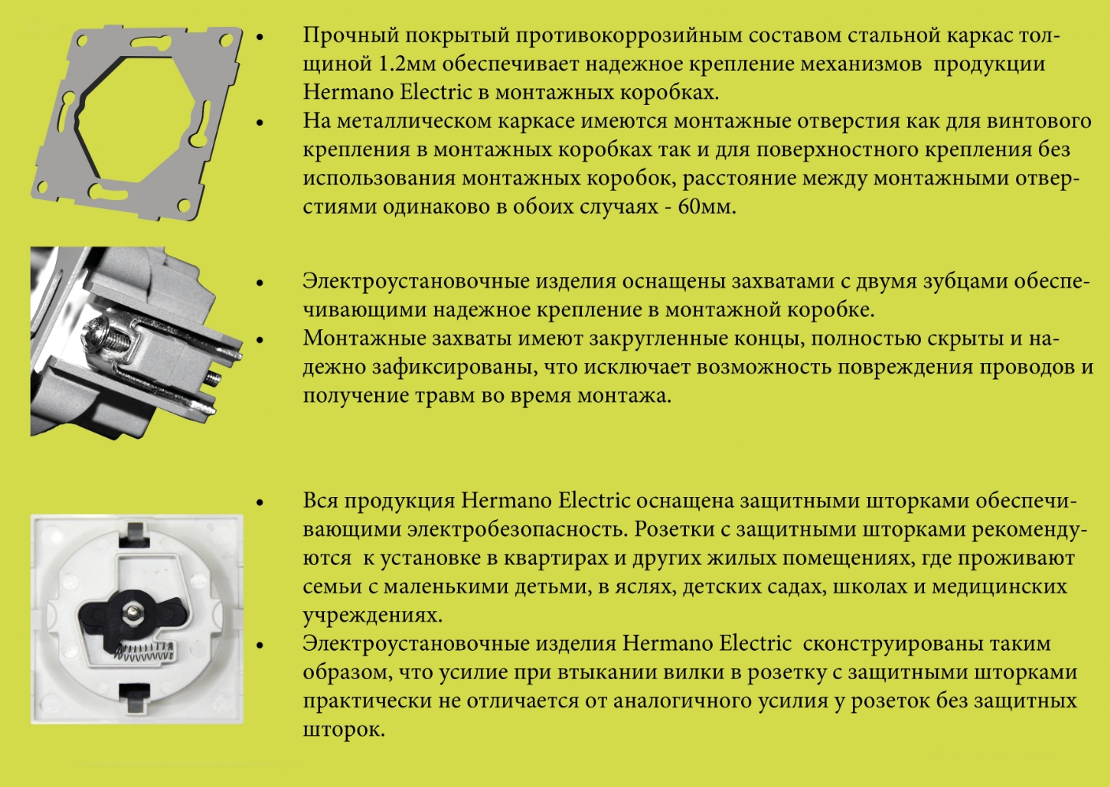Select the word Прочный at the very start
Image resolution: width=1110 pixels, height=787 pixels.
(x=345, y=35)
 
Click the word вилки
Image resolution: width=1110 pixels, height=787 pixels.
(x=708, y=673)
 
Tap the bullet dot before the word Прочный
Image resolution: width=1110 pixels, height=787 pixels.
(x=260, y=37)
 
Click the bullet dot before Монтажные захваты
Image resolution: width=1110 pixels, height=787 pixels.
(x=260, y=340)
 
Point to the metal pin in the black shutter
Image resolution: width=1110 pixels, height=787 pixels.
(x=134, y=611)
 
